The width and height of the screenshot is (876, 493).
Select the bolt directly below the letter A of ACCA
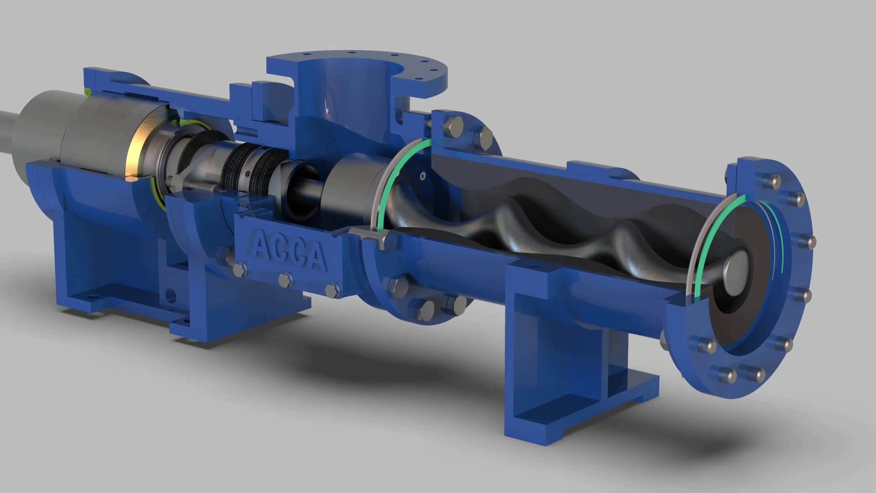(240, 269)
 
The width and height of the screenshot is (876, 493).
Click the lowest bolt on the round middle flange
(426, 310)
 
